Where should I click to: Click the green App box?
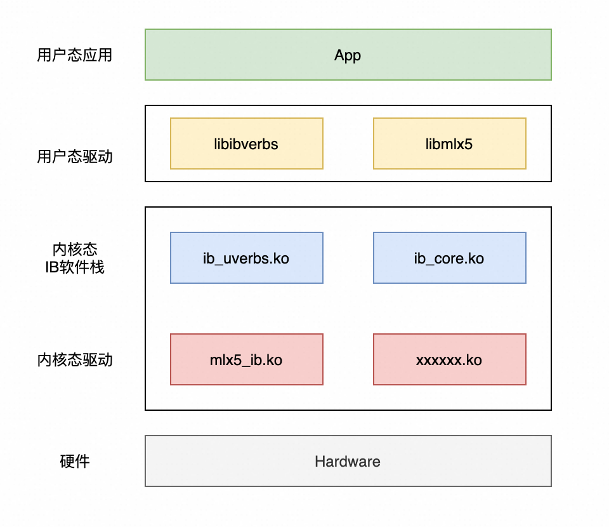tap(444, 55)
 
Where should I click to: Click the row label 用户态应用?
tap(74, 55)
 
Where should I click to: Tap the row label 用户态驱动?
tap(74, 157)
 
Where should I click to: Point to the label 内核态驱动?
tap(74, 360)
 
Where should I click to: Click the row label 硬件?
tap(74, 462)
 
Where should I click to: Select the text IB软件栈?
tap(74, 267)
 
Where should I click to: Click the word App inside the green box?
tap(348, 55)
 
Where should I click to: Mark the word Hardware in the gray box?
tap(348, 462)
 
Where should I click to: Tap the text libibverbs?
tap(246, 144)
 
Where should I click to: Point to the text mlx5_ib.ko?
tap(246, 361)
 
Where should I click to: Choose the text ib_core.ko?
tap(449, 258)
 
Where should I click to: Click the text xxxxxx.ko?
tap(449, 361)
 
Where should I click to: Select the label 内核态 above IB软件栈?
tap(74, 250)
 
